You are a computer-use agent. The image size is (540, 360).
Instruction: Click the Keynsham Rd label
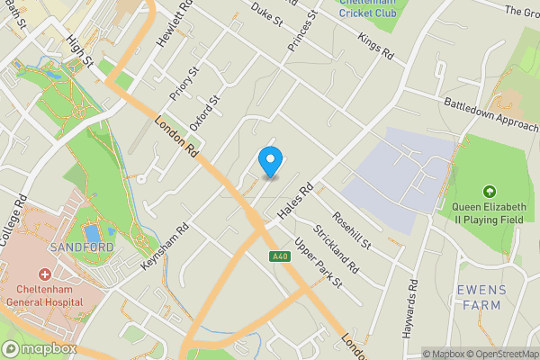(x=164, y=247)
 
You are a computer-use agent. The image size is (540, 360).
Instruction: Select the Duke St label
(x=266, y=12)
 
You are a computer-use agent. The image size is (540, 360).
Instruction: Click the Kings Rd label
(x=376, y=48)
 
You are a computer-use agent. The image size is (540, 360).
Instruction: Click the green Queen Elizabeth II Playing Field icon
(x=489, y=191)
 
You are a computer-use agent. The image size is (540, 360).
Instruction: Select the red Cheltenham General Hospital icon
(x=43, y=274)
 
